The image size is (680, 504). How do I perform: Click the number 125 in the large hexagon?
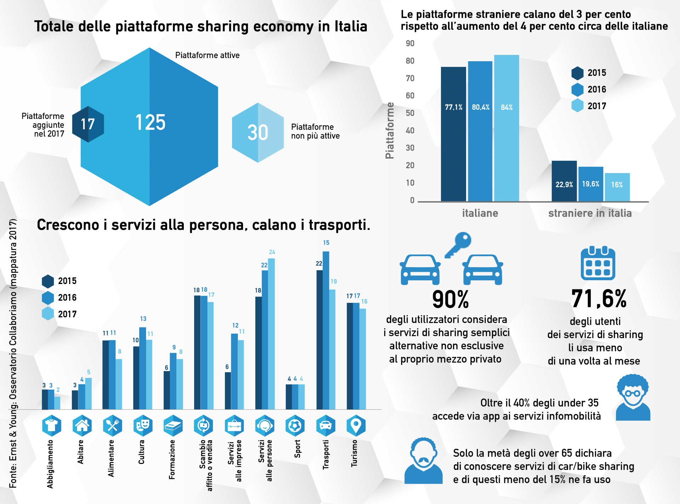tap(150, 123)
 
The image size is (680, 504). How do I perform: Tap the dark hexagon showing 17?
tap(88, 124)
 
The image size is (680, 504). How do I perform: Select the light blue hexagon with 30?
tap(258, 132)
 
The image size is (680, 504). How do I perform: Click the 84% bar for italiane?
tap(506, 128)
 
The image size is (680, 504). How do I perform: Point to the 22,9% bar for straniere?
tap(564, 181)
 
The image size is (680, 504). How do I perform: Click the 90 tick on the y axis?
tap(410, 44)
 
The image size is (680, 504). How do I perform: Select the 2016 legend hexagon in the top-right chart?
tap(577, 90)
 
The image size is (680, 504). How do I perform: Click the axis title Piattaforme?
tap(390, 130)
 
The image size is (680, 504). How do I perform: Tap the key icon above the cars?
tap(459, 244)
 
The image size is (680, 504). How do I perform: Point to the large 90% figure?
tap(450, 299)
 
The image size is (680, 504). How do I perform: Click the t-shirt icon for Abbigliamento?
tap(52, 425)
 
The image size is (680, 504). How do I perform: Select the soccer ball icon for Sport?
tap(295, 425)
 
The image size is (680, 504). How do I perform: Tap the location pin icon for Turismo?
tap(356, 425)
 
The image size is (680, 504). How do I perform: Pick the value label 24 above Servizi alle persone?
tap(272, 252)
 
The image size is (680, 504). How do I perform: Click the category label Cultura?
tap(141, 452)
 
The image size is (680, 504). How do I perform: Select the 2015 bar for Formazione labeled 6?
tap(166, 390)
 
